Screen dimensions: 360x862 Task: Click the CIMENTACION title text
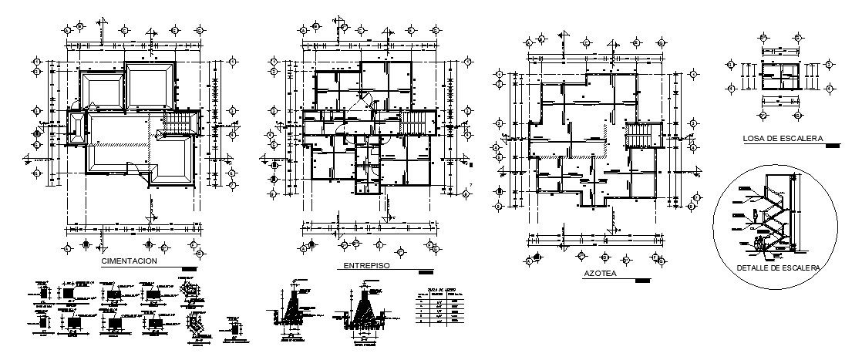pyautogui.click(x=130, y=261)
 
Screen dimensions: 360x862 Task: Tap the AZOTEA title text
pyautogui.click(x=599, y=274)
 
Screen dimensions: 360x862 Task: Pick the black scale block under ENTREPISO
pyautogui.click(x=424, y=272)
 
